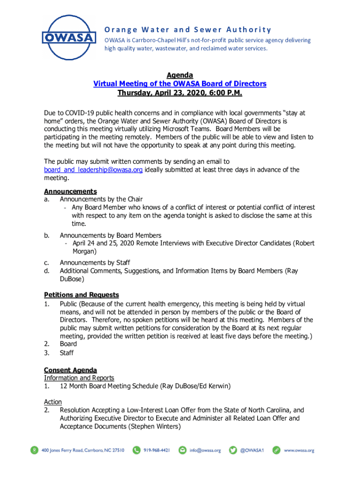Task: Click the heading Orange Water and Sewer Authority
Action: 187,29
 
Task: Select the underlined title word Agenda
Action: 180,75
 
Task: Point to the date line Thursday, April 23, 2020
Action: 180,93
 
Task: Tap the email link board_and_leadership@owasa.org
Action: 93,170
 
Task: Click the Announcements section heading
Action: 70,191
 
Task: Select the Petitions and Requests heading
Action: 81,295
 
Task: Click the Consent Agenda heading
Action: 70,370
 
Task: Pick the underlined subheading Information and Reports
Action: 79,378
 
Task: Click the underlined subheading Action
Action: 53,402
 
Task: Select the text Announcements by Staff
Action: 95,262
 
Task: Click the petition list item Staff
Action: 67,353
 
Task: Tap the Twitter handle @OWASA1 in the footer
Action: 252,450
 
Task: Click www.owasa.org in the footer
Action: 299,450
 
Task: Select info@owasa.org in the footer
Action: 205,450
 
